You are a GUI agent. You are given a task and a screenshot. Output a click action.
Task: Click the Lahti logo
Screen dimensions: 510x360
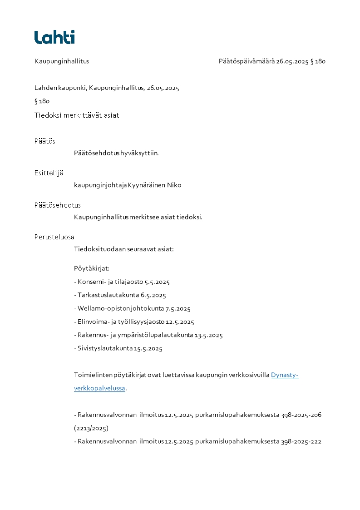(54, 37)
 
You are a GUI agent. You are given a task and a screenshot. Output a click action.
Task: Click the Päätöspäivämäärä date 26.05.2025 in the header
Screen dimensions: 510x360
(292, 61)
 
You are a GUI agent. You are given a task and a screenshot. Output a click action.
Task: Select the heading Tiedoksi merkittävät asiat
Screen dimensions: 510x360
(77, 115)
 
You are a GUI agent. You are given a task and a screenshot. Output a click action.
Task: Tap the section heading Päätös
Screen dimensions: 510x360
(45, 141)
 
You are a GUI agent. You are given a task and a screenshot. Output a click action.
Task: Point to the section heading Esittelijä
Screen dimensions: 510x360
(49, 173)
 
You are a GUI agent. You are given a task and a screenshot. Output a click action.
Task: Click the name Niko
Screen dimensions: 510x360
(174, 185)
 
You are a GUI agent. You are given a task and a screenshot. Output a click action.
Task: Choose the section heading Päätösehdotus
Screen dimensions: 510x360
(58, 205)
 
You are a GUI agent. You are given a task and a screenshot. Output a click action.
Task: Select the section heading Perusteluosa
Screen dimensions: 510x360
(54, 237)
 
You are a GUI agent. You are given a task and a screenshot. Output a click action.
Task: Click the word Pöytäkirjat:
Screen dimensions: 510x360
(92, 268)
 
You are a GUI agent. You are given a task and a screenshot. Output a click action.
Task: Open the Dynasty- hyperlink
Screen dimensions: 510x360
(285, 375)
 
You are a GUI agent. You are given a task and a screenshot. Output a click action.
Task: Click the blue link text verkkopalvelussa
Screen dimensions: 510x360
(99, 388)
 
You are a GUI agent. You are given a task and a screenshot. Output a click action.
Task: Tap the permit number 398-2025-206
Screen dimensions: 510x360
(301, 415)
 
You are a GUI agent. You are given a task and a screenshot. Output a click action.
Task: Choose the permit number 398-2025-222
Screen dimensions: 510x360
(301, 441)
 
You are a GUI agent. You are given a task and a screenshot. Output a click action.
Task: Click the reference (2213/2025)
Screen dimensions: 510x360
(91, 428)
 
